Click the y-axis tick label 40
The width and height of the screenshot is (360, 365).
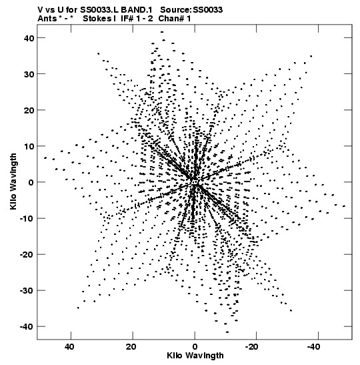[29, 38]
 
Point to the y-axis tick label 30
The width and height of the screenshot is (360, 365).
[29, 74]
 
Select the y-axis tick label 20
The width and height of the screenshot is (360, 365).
[29, 110]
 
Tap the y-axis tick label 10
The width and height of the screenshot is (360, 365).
[29, 146]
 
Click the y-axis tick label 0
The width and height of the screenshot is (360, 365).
[31, 182]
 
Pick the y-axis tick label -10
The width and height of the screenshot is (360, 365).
[27, 218]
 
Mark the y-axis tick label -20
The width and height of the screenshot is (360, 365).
[27, 254]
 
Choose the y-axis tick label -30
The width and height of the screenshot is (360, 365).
[27, 290]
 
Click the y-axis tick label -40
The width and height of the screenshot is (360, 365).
[27, 326]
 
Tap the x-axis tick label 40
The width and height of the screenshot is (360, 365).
[70, 347]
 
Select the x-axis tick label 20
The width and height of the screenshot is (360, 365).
[131, 347]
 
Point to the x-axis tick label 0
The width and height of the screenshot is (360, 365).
[195, 347]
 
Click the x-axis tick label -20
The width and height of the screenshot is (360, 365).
[251, 347]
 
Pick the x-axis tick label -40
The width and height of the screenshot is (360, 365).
[313, 347]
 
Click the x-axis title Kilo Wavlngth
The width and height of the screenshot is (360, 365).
[195, 356]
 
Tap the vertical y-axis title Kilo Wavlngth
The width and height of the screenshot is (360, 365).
[13, 181]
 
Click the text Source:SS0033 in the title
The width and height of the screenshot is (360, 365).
[191, 10]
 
